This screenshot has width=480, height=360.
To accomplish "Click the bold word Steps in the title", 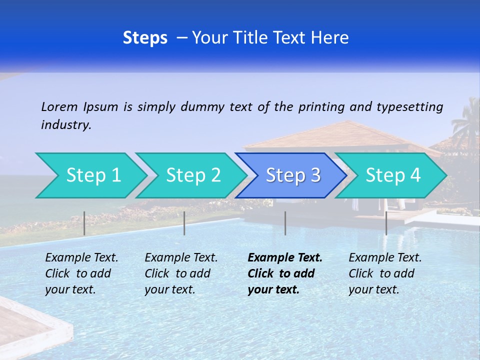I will (x=145, y=38).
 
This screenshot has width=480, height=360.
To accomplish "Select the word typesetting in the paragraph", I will (x=409, y=107).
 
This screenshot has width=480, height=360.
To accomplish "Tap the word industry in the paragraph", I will (x=65, y=125).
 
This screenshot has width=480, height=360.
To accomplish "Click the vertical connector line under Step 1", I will (x=84, y=223).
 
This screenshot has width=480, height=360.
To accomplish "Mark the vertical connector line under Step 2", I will (x=184, y=223).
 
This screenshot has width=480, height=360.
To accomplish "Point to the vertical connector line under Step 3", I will (x=285, y=223).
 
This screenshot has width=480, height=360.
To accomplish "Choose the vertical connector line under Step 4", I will (x=386, y=223).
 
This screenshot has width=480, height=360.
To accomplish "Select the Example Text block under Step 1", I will (x=81, y=273).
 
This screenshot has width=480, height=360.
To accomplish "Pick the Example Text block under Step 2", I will (x=181, y=273).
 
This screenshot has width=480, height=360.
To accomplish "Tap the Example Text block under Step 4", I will (x=385, y=273).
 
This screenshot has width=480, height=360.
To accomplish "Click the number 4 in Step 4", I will (x=415, y=175).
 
